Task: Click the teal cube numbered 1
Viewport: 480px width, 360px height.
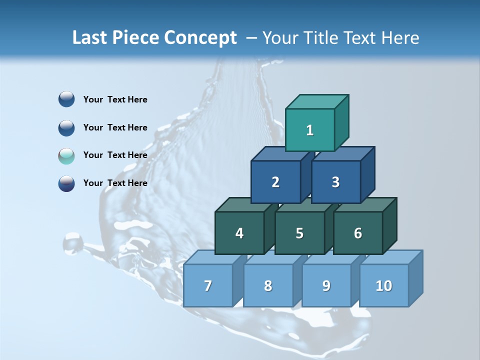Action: click(x=310, y=130)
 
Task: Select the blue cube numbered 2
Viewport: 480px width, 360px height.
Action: click(x=275, y=182)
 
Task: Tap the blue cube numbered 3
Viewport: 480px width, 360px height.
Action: click(x=335, y=182)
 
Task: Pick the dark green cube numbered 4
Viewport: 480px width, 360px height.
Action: click(x=239, y=233)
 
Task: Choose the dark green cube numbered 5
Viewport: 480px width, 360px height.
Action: click(x=299, y=233)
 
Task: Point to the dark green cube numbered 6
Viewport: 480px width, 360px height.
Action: click(x=358, y=233)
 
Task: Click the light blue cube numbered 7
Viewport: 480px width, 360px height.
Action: click(x=208, y=285)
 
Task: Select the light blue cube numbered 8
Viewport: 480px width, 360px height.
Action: click(x=268, y=285)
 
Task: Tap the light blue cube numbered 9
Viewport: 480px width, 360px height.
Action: click(x=326, y=285)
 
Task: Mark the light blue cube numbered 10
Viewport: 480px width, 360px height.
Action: click(x=384, y=285)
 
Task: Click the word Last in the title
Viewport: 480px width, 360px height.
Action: click(x=90, y=38)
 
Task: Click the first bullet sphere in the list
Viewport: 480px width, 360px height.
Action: click(x=66, y=99)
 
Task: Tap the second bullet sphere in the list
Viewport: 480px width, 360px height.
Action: click(x=66, y=127)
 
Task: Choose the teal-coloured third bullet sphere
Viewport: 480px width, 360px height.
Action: click(x=66, y=155)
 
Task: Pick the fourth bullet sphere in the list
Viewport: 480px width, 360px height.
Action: click(x=66, y=183)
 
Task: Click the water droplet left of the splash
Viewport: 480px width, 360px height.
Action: click(x=73, y=243)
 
